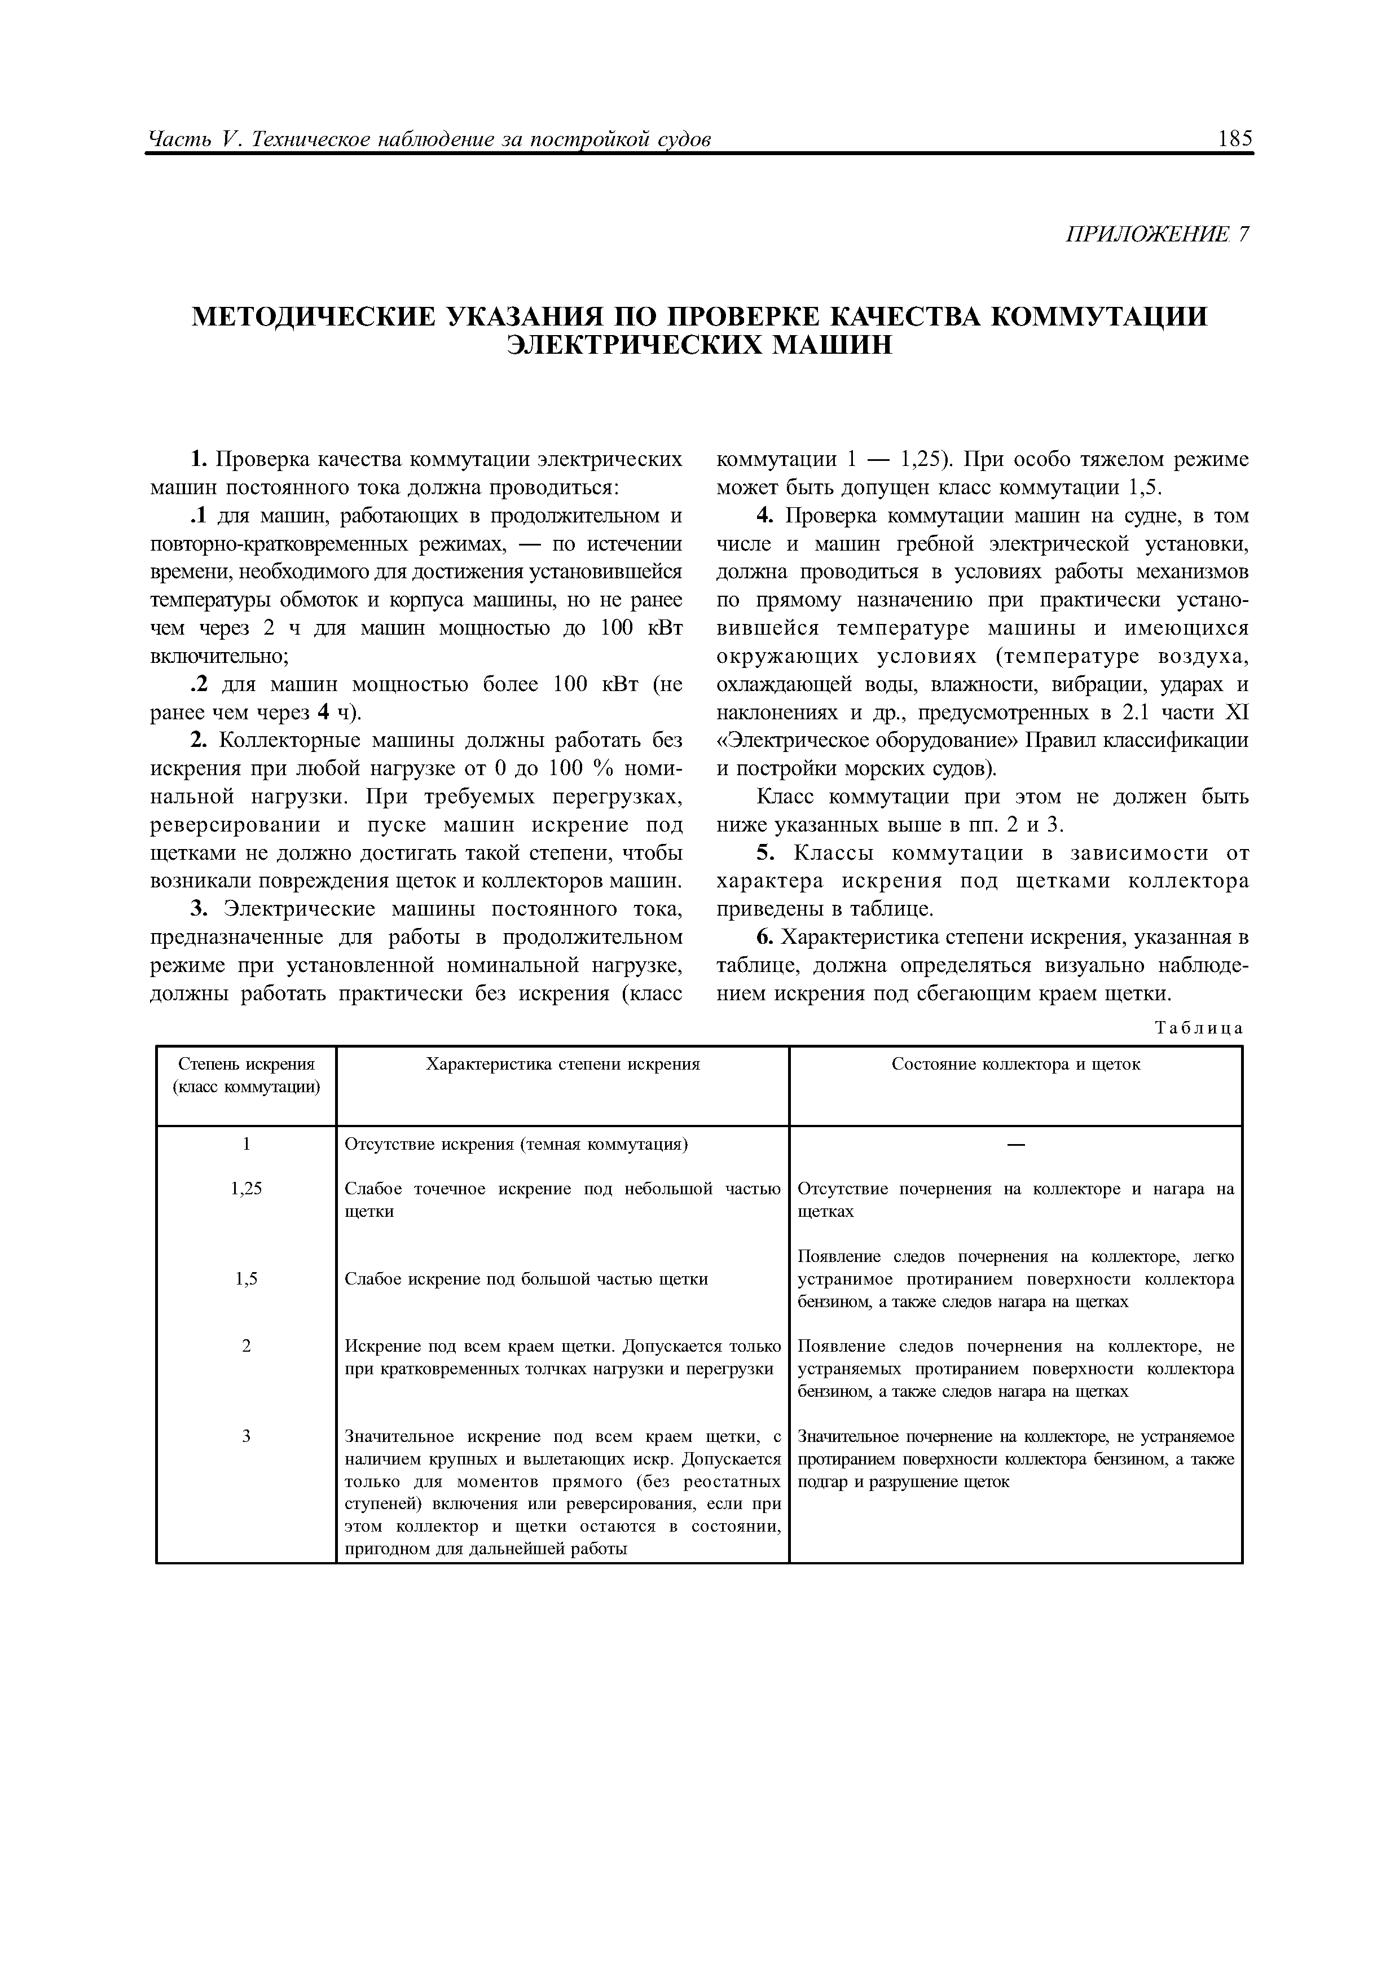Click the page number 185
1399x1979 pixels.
(1235, 139)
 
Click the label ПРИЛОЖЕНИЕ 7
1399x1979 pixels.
(1157, 235)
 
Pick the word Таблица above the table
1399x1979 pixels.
(1198, 1028)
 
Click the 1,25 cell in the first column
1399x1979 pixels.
(247, 1189)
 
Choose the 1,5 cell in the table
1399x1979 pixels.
(247, 1279)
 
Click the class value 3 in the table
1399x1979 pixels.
(247, 1436)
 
